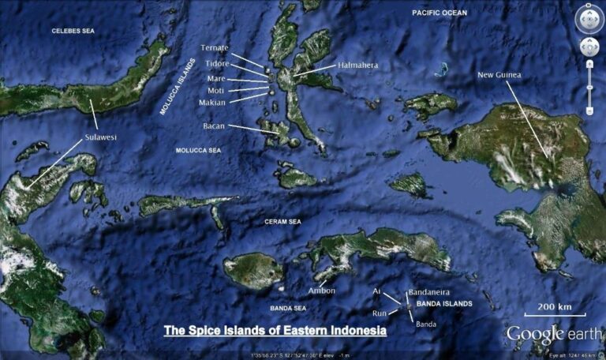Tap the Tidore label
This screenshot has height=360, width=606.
217,63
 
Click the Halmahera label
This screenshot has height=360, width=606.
359,66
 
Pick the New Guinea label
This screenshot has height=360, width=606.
499,76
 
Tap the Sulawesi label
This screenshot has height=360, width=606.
100,137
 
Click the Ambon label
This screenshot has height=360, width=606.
322,291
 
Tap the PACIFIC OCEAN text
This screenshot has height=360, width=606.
440,13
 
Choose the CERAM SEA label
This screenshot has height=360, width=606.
282,222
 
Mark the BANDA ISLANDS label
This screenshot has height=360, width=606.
444,303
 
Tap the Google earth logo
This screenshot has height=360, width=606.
553,334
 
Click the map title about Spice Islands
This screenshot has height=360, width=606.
275,330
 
